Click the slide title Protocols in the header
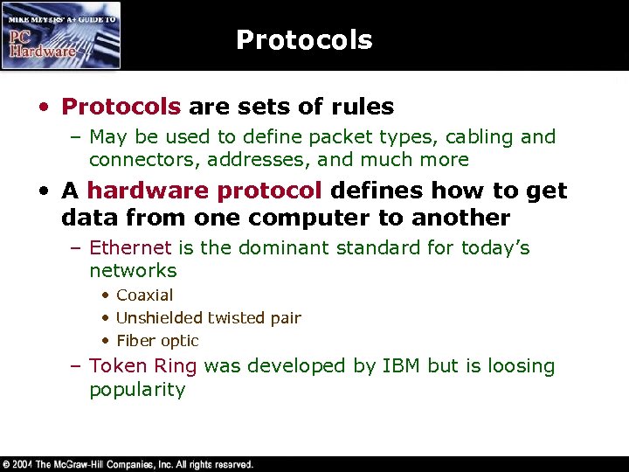tap(304, 40)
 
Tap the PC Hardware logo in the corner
tap(61, 36)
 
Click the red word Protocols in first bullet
tap(121, 108)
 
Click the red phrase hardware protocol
tap(205, 191)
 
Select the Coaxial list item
tap(145, 295)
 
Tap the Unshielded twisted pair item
tap(208, 318)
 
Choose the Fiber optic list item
tap(157, 341)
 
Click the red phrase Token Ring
tap(143, 366)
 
